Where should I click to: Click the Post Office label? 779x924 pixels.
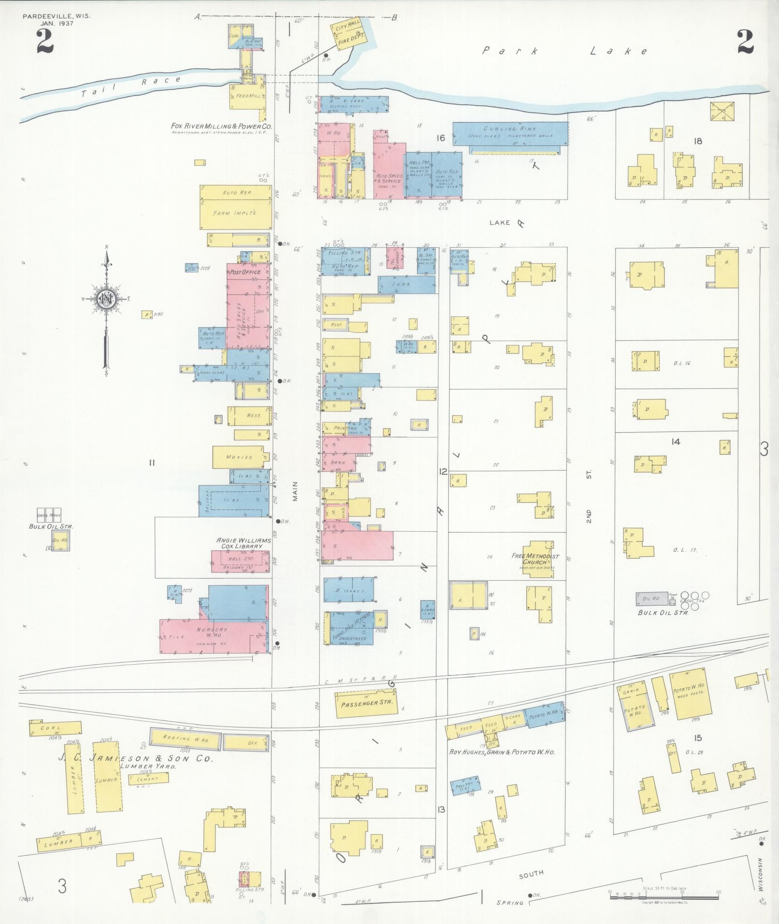click(x=245, y=272)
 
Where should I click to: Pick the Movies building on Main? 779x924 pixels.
click(x=240, y=457)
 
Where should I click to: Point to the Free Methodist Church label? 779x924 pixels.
click(x=536, y=559)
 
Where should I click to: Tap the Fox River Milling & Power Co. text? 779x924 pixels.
click(x=222, y=126)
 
